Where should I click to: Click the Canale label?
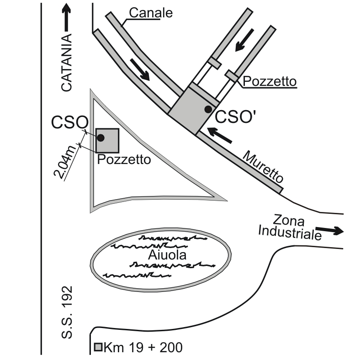(x=151, y=13)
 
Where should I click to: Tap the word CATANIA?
(x=67, y=63)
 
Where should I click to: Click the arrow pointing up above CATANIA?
(x=67, y=17)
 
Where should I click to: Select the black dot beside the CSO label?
(x=101, y=138)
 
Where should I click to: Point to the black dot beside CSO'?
(x=208, y=109)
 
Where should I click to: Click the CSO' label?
(x=235, y=117)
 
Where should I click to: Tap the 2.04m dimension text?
(x=65, y=162)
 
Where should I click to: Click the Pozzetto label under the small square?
(x=124, y=159)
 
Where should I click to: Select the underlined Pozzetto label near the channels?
(x=270, y=81)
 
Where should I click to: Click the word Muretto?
(x=263, y=166)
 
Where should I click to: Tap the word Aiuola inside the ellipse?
(x=167, y=255)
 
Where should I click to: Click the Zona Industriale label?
(x=290, y=228)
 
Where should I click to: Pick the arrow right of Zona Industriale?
(x=330, y=230)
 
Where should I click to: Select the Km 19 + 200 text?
(x=143, y=347)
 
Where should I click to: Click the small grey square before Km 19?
(x=98, y=347)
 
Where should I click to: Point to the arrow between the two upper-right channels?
(x=244, y=40)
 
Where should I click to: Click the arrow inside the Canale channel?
(x=140, y=69)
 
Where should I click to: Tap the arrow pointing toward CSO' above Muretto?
(x=219, y=135)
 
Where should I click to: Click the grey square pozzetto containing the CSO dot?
(x=107, y=141)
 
